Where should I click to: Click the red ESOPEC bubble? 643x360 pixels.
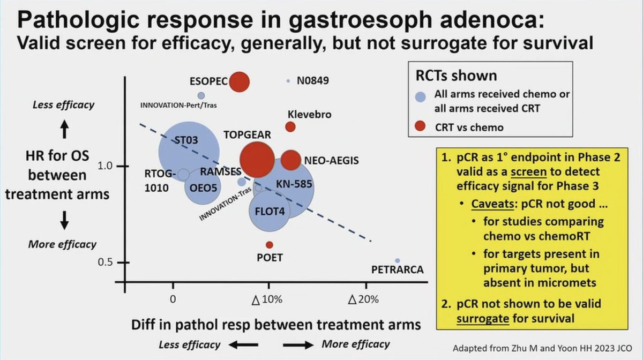tap(240, 82)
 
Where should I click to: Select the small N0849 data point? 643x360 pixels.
tap(288, 81)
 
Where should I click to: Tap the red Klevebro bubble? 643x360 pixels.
tap(290, 127)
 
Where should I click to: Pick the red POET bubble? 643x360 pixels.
tap(270, 245)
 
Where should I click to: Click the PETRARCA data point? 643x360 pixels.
tap(398, 261)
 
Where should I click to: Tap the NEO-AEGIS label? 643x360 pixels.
tap(331, 160)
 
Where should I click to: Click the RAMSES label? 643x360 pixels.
tap(220, 172)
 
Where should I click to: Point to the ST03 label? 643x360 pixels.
tap(186, 141)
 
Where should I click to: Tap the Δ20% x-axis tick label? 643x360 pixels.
tap(363, 299)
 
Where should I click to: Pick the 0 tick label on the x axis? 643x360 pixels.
tap(173, 299)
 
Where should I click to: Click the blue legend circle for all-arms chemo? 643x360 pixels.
tap(421, 97)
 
